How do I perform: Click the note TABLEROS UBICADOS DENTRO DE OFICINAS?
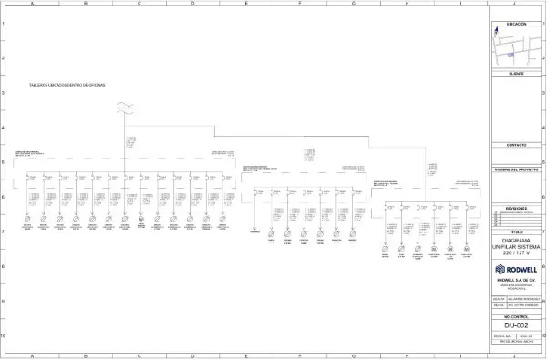pos(67,84)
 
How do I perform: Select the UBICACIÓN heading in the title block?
pos(516,24)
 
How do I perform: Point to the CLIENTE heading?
pos(516,72)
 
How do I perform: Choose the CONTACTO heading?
pos(516,145)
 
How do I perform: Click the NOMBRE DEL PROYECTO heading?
pos(516,170)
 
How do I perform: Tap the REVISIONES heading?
pos(516,208)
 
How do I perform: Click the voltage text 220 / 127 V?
pos(516,252)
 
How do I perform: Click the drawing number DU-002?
pos(516,324)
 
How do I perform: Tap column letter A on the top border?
pos(32,4)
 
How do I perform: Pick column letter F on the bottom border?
pos(299,355)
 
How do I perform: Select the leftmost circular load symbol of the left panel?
pos(26,219)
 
